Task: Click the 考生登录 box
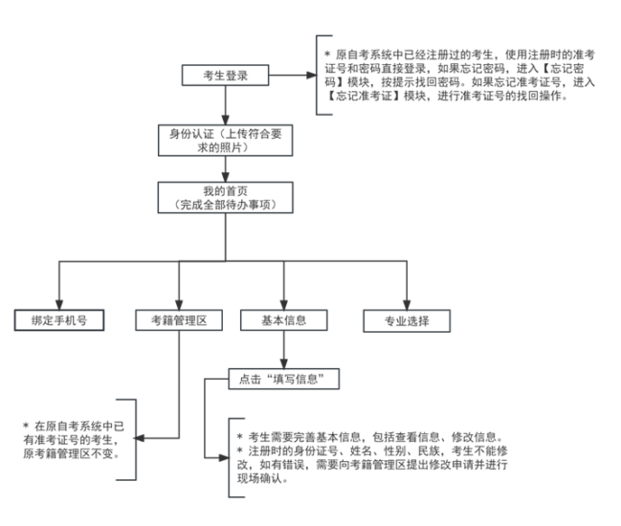tap(226, 76)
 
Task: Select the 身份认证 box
tap(226, 139)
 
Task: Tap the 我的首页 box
tap(226, 197)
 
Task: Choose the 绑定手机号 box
tap(59, 320)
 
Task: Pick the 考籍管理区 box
tap(179, 320)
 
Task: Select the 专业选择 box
tap(407, 320)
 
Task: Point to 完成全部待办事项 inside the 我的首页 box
tap(226, 205)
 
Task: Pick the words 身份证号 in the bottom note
tap(329, 451)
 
